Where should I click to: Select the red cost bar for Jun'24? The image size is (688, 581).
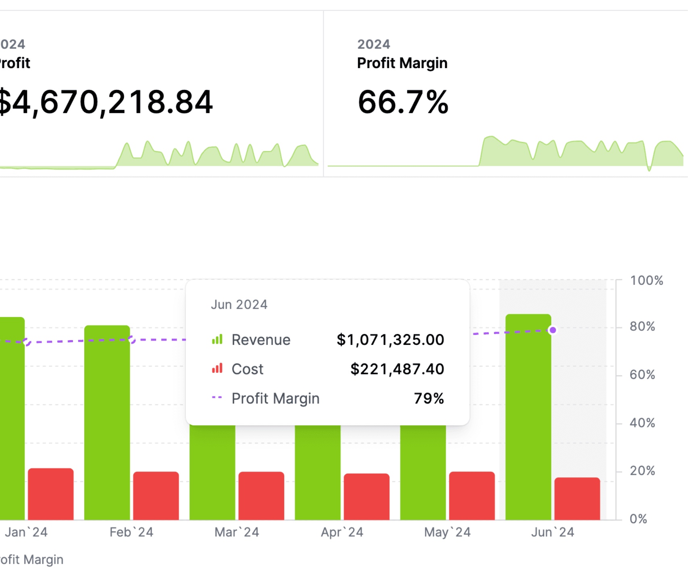[x=577, y=499]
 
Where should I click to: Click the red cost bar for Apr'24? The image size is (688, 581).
[x=366, y=497]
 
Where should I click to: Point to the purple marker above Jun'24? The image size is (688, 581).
[x=552, y=330]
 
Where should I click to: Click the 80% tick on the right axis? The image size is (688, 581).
[x=642, y=326]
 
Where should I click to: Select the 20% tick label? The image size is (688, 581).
[x=642, y=471]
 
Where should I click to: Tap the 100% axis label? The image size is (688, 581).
[x=646, y=280]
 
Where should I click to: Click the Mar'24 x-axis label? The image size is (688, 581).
[x=237, y=532]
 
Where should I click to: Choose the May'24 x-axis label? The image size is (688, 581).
[x=447, y=532]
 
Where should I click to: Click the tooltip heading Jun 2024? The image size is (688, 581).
[x=239, y=305]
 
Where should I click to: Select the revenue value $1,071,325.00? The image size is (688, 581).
[x=390, y=340]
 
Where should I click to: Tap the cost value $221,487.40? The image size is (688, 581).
[x=397, y=369]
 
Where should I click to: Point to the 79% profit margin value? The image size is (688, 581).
[x=429, y=399]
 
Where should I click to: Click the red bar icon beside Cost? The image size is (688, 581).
[x=217, y=368]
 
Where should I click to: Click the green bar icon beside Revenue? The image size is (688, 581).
[x=217, y=339]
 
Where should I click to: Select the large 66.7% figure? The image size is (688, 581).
[x=402, y=102]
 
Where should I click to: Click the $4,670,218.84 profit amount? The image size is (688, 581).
[x=106, y=102]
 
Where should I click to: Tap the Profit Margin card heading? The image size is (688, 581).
[x=402, y=63]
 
